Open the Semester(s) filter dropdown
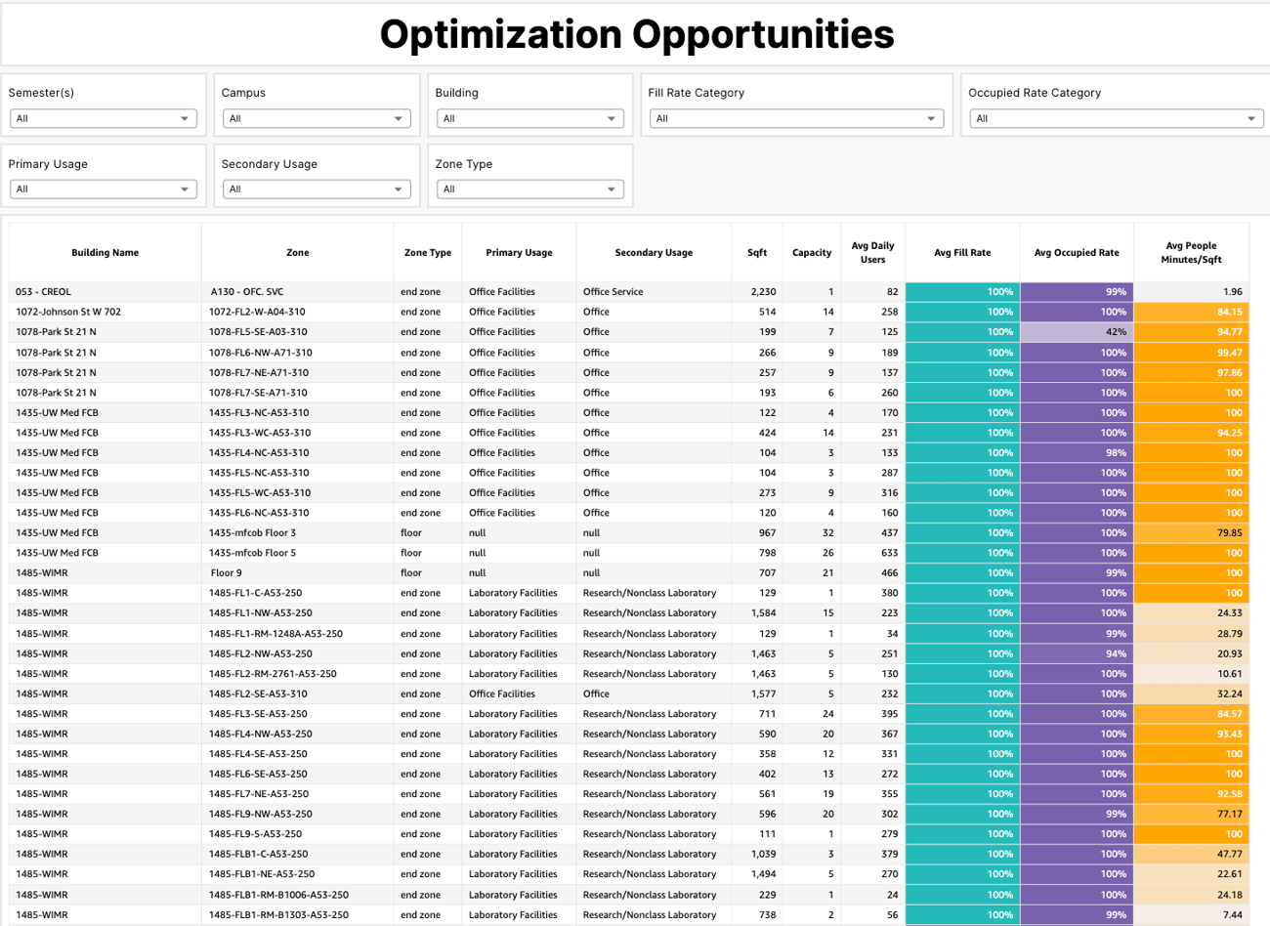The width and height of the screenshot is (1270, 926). [x=103, y=118]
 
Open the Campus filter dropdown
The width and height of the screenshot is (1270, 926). [x=316, y=118]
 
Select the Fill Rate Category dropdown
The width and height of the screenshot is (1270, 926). [x=795, y=118]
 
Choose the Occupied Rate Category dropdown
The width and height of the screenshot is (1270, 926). [x=1115, y=118]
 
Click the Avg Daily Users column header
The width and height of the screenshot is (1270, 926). [x=872, y=253]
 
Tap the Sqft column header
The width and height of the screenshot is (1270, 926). [x=757, y=253]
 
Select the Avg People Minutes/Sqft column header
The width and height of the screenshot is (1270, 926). [x=1191, y=253]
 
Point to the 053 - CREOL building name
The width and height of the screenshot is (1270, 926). [x=43, y=292]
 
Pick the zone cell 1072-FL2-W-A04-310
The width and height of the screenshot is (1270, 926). [x=257, y=313]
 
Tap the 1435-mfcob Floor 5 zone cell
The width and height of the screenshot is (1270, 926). [x=252, y=553]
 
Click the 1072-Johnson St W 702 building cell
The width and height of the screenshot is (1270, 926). [x=68, y=313]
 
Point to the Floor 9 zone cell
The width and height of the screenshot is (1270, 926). [x=226, y=573]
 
